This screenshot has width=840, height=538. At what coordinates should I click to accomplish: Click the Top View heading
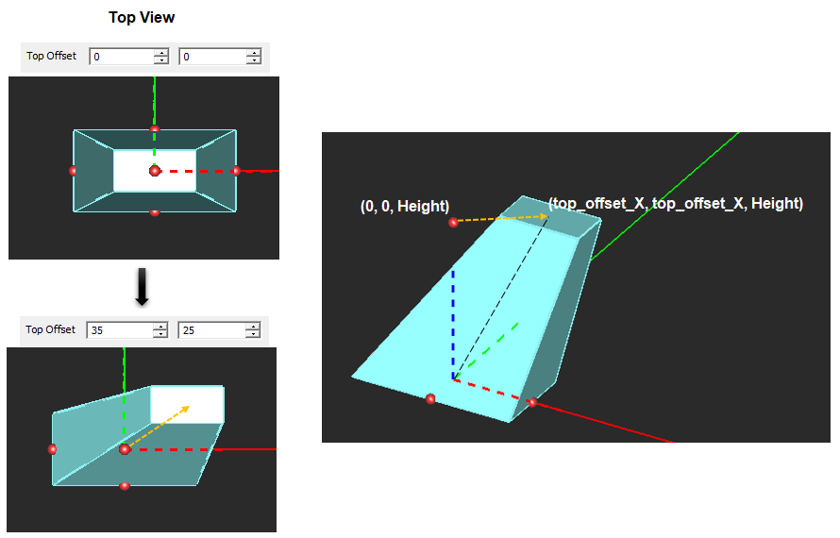click(x=142, y=18)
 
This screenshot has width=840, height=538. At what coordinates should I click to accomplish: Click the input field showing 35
click(x=119, y=330)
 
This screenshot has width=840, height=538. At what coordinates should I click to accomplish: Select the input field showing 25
click(x=211, y=330)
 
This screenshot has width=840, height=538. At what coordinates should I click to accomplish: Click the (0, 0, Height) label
click(x=404, y=207)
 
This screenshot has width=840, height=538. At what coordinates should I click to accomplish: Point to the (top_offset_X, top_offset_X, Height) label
click(x=675, y=203)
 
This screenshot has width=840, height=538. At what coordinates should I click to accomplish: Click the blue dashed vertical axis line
click(x=453, y=321)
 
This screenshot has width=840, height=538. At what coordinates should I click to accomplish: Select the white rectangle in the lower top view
click(x=187, y=404)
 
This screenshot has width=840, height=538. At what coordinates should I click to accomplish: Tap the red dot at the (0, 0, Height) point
click(x=453, y=222)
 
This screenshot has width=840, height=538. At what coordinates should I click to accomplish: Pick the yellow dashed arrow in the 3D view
click(x=500, y=218)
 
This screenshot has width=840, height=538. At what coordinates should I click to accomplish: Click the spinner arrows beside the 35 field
click(x=160, y=330)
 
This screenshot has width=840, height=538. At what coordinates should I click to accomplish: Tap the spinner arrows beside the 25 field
click(x=253, y=330)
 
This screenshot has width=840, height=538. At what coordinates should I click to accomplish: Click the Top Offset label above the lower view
click(x=51, y=330)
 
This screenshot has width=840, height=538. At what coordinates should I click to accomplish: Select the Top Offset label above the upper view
click(x=51, y=57)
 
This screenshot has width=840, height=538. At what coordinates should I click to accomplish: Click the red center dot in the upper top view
click(x=155, y=170)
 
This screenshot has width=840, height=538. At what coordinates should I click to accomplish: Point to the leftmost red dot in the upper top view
click(x=73, y=171)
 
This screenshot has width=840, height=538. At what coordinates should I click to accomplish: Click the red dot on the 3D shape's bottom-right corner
click(x=532, y=402)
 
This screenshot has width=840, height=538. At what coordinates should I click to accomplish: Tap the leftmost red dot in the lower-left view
click(x=52, y=449)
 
